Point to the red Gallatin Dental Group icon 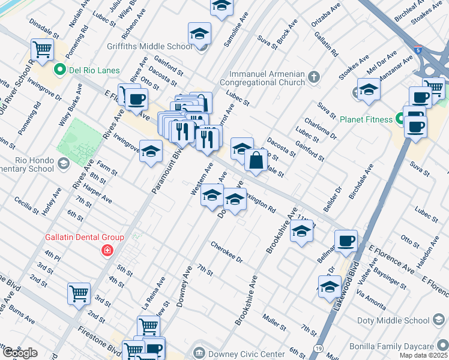[x=107, y=250]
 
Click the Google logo [x=19, y=353]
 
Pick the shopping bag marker [x=256, y=160]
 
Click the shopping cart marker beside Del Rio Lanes [x=42, y=50]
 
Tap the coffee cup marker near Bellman [x=345, y=241]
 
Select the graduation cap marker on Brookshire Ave [x=301, y=230]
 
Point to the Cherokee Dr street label [x=226, y=253]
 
